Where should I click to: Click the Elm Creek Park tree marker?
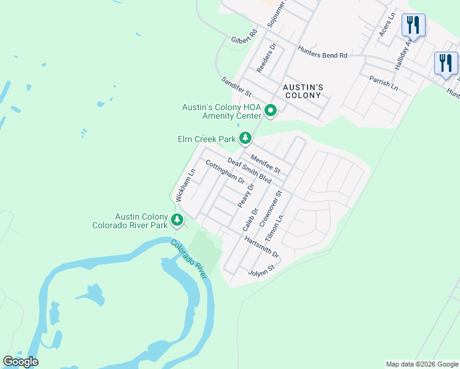245,138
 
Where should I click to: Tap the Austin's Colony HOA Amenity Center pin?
271,111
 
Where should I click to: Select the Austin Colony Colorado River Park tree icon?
178,219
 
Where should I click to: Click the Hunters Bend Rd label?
322,54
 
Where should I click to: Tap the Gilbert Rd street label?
244,38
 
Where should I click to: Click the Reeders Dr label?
268,58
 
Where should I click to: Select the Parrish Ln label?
384,83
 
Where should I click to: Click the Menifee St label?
265,164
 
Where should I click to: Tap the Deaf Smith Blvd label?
249,170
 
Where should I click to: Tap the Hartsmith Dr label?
261,247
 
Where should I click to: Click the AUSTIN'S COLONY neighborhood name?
303,91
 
